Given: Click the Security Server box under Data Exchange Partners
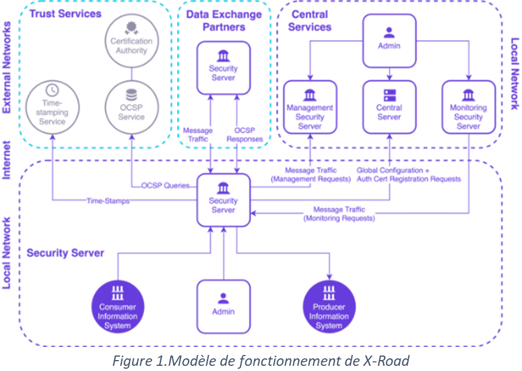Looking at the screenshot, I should (x=224, y=68).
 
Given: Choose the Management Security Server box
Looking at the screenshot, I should (x=310, y=108).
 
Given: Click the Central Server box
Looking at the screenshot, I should (x=389, y=108).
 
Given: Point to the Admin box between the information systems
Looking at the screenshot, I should (x=223, y=307).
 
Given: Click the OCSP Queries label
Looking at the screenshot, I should (x=166, y=185).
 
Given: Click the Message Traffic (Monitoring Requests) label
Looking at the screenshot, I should (x=339, y=214).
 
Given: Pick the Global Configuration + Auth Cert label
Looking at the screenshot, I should (x=409, y=175).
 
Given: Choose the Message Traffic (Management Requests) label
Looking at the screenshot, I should (x=310, y=175).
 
